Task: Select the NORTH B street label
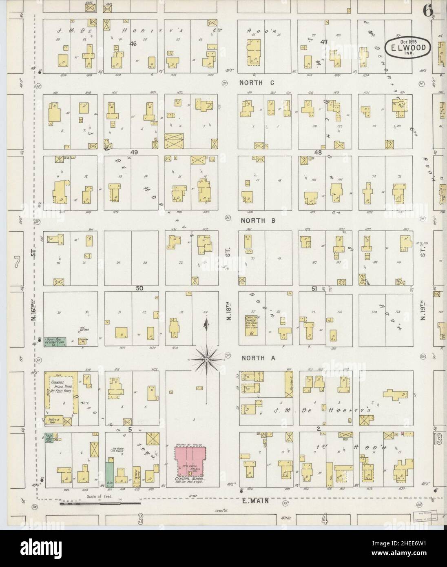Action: coord(257,221)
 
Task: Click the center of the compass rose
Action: coord(207,359)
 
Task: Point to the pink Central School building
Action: coord(190,461)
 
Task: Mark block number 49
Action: coord(135,152)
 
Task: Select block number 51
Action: coord(314,289)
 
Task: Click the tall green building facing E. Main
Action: coord(109,473)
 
